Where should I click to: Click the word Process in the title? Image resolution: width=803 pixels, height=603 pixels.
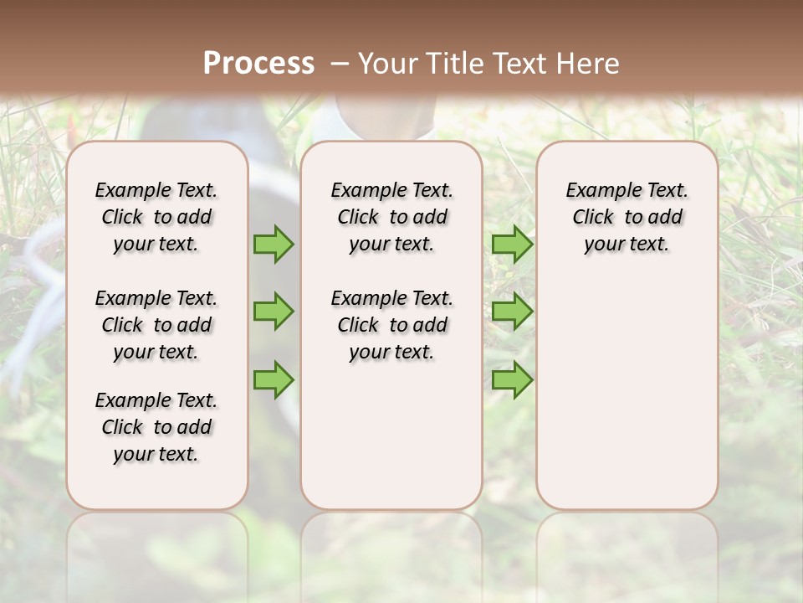tap(258, 64)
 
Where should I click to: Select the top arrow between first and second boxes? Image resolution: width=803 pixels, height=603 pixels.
tap(274, 244)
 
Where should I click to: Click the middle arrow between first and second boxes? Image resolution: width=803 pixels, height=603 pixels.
tap(274, 312)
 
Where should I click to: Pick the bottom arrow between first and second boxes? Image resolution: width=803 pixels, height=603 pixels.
tap(274, 379)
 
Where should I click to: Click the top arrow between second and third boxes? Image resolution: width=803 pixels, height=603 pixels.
tap(512, 244)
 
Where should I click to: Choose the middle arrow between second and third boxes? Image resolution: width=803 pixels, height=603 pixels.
tap(512, 312)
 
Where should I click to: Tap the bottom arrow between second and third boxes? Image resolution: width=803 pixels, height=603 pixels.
tap(512, 379)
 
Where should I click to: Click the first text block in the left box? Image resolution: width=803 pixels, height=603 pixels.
tap(156, 217)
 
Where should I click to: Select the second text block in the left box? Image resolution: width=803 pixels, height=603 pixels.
tap(156, 325)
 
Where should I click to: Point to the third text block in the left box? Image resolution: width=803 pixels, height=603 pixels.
tap(156, 427)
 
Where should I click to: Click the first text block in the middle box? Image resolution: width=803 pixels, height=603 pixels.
tap(391, 217)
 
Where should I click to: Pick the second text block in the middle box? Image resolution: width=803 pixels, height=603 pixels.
tap(391, 325)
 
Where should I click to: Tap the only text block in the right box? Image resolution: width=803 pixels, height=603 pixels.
tap(627, 217)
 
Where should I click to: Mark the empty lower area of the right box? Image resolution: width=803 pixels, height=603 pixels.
tap(627, 394)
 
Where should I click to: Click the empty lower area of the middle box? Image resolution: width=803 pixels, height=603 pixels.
tap(391, 435)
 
